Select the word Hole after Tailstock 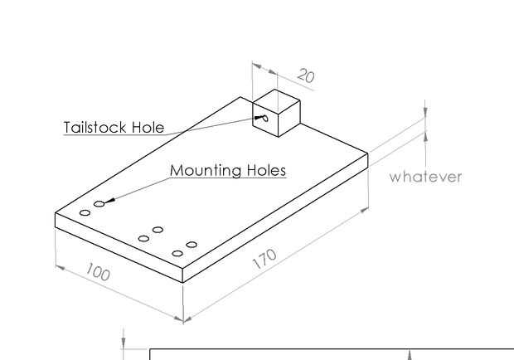(148, 128)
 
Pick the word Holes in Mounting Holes (267, 170)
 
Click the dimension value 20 (305, 76)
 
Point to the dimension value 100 (97, 272)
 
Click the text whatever (425, 176)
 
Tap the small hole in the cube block (264, 119)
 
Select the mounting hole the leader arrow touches (99, 203)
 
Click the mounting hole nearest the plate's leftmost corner (85, 213)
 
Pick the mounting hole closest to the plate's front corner (177, 253)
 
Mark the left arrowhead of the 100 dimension (59, 266)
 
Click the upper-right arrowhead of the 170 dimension (365, 211)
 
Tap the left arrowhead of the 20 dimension (255, 65)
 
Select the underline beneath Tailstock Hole (114, 135)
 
